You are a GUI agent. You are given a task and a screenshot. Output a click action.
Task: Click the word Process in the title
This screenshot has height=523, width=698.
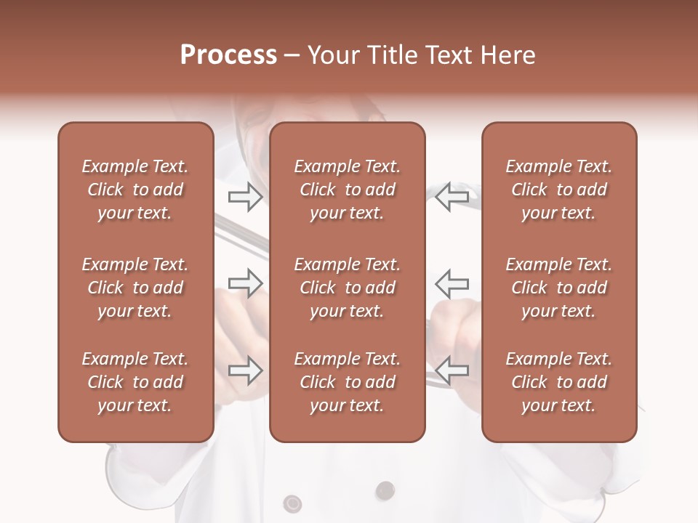[x=228, y=54]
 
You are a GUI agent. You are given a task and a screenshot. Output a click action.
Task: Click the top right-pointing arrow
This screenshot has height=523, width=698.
[x=245, y=197]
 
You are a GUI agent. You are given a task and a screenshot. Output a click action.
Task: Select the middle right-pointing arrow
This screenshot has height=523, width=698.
[x=245, y=283]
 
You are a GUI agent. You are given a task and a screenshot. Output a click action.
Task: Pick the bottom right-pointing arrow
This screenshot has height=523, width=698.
[x=245, y=370]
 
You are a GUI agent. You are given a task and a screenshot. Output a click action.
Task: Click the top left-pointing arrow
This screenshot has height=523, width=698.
[x=452, y=197]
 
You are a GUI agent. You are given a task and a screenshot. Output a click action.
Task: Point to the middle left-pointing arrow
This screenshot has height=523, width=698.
[x=452, y=283]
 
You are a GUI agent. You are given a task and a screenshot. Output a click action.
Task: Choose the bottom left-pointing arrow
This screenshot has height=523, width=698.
[x=452, y=370]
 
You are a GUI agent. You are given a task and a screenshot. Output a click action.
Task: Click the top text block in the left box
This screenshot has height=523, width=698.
[x=135, y=190]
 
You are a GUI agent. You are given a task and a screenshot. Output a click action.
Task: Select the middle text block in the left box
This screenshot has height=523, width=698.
[x=135, y=288]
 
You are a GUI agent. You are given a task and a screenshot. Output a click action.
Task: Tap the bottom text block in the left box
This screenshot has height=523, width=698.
[x=135, y=382]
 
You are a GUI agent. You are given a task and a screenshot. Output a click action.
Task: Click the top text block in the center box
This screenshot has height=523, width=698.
[x=347, y=190]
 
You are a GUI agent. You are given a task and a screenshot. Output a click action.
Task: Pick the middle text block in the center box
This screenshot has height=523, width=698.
[x=347, y=288]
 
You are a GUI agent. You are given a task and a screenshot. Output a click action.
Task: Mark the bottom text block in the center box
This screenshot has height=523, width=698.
[x=347, y=382]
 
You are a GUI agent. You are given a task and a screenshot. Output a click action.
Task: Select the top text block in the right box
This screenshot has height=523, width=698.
[x=558, y=190]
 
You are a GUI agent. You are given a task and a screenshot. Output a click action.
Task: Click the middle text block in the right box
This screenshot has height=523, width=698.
[x=558, y=288]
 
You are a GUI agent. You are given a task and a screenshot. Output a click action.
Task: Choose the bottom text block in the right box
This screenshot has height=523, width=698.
[x=558, y=382]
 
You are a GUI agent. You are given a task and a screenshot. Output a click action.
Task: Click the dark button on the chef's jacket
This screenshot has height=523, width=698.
[x=385, y=490]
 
